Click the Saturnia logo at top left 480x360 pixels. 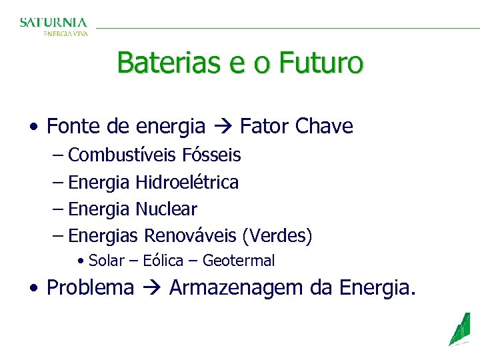click(53, 26)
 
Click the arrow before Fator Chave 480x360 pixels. click(223, 126)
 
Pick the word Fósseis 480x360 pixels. click(211, 155)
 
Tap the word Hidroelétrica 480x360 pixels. click(187, 182)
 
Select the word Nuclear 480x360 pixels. click(166, 209)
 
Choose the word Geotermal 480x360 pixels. click(239, 261)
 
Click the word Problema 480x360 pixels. click(91, 287)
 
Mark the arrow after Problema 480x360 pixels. click(152, 288)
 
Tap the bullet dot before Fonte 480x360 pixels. click(33, 126)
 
